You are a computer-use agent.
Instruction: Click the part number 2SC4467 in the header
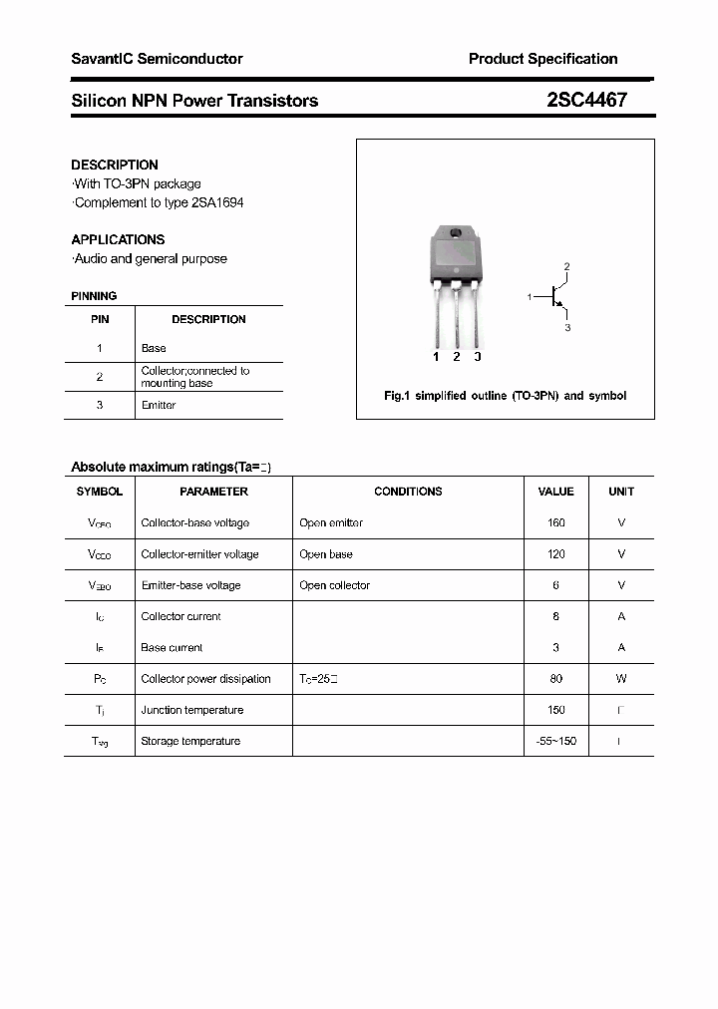586,100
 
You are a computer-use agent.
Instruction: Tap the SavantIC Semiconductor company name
157,59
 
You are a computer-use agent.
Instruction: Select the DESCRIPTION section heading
115,165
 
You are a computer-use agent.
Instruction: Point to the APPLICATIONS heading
118,239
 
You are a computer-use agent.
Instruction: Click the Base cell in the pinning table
154,348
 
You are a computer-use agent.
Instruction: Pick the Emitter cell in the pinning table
159,405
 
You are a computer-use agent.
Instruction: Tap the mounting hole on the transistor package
456,234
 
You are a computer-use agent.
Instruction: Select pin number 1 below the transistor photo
436,357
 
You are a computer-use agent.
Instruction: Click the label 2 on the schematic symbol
566,267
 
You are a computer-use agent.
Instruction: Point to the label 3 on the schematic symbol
566,327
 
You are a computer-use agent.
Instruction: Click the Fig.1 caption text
505,396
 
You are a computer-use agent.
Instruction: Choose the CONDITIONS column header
408,492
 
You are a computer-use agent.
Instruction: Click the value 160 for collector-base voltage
555,522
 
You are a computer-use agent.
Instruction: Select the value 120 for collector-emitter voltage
555,553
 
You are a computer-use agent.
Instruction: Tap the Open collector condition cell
334,585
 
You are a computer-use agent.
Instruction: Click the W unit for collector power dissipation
620,678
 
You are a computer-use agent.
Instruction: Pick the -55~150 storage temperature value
555,741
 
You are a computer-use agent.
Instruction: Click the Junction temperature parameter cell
192,710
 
